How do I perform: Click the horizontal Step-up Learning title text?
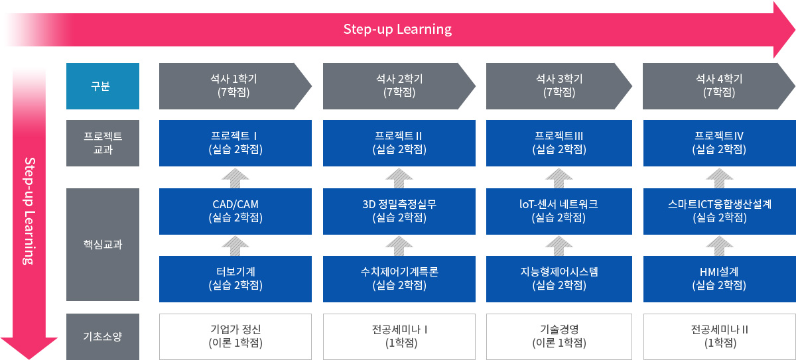click(397, 29)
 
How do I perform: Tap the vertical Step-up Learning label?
click(29, 211)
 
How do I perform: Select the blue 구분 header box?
click(102, 86)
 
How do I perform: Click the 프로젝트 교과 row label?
click(102, 143)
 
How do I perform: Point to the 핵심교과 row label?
click(102, 244)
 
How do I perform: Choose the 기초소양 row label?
click(102, 336)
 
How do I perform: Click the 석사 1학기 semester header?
click(232, 86)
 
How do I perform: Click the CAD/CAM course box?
click(235, 211)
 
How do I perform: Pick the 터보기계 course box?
click(235, 278)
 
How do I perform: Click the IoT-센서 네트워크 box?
click(559, 211)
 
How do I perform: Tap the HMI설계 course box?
click(718, 278)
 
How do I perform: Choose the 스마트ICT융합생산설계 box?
click(718, 211)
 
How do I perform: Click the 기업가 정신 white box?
click(235, 336)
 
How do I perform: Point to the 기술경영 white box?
click(559, 336)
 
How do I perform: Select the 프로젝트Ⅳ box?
click(718, 143)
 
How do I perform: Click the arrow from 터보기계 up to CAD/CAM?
click(235, 245)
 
